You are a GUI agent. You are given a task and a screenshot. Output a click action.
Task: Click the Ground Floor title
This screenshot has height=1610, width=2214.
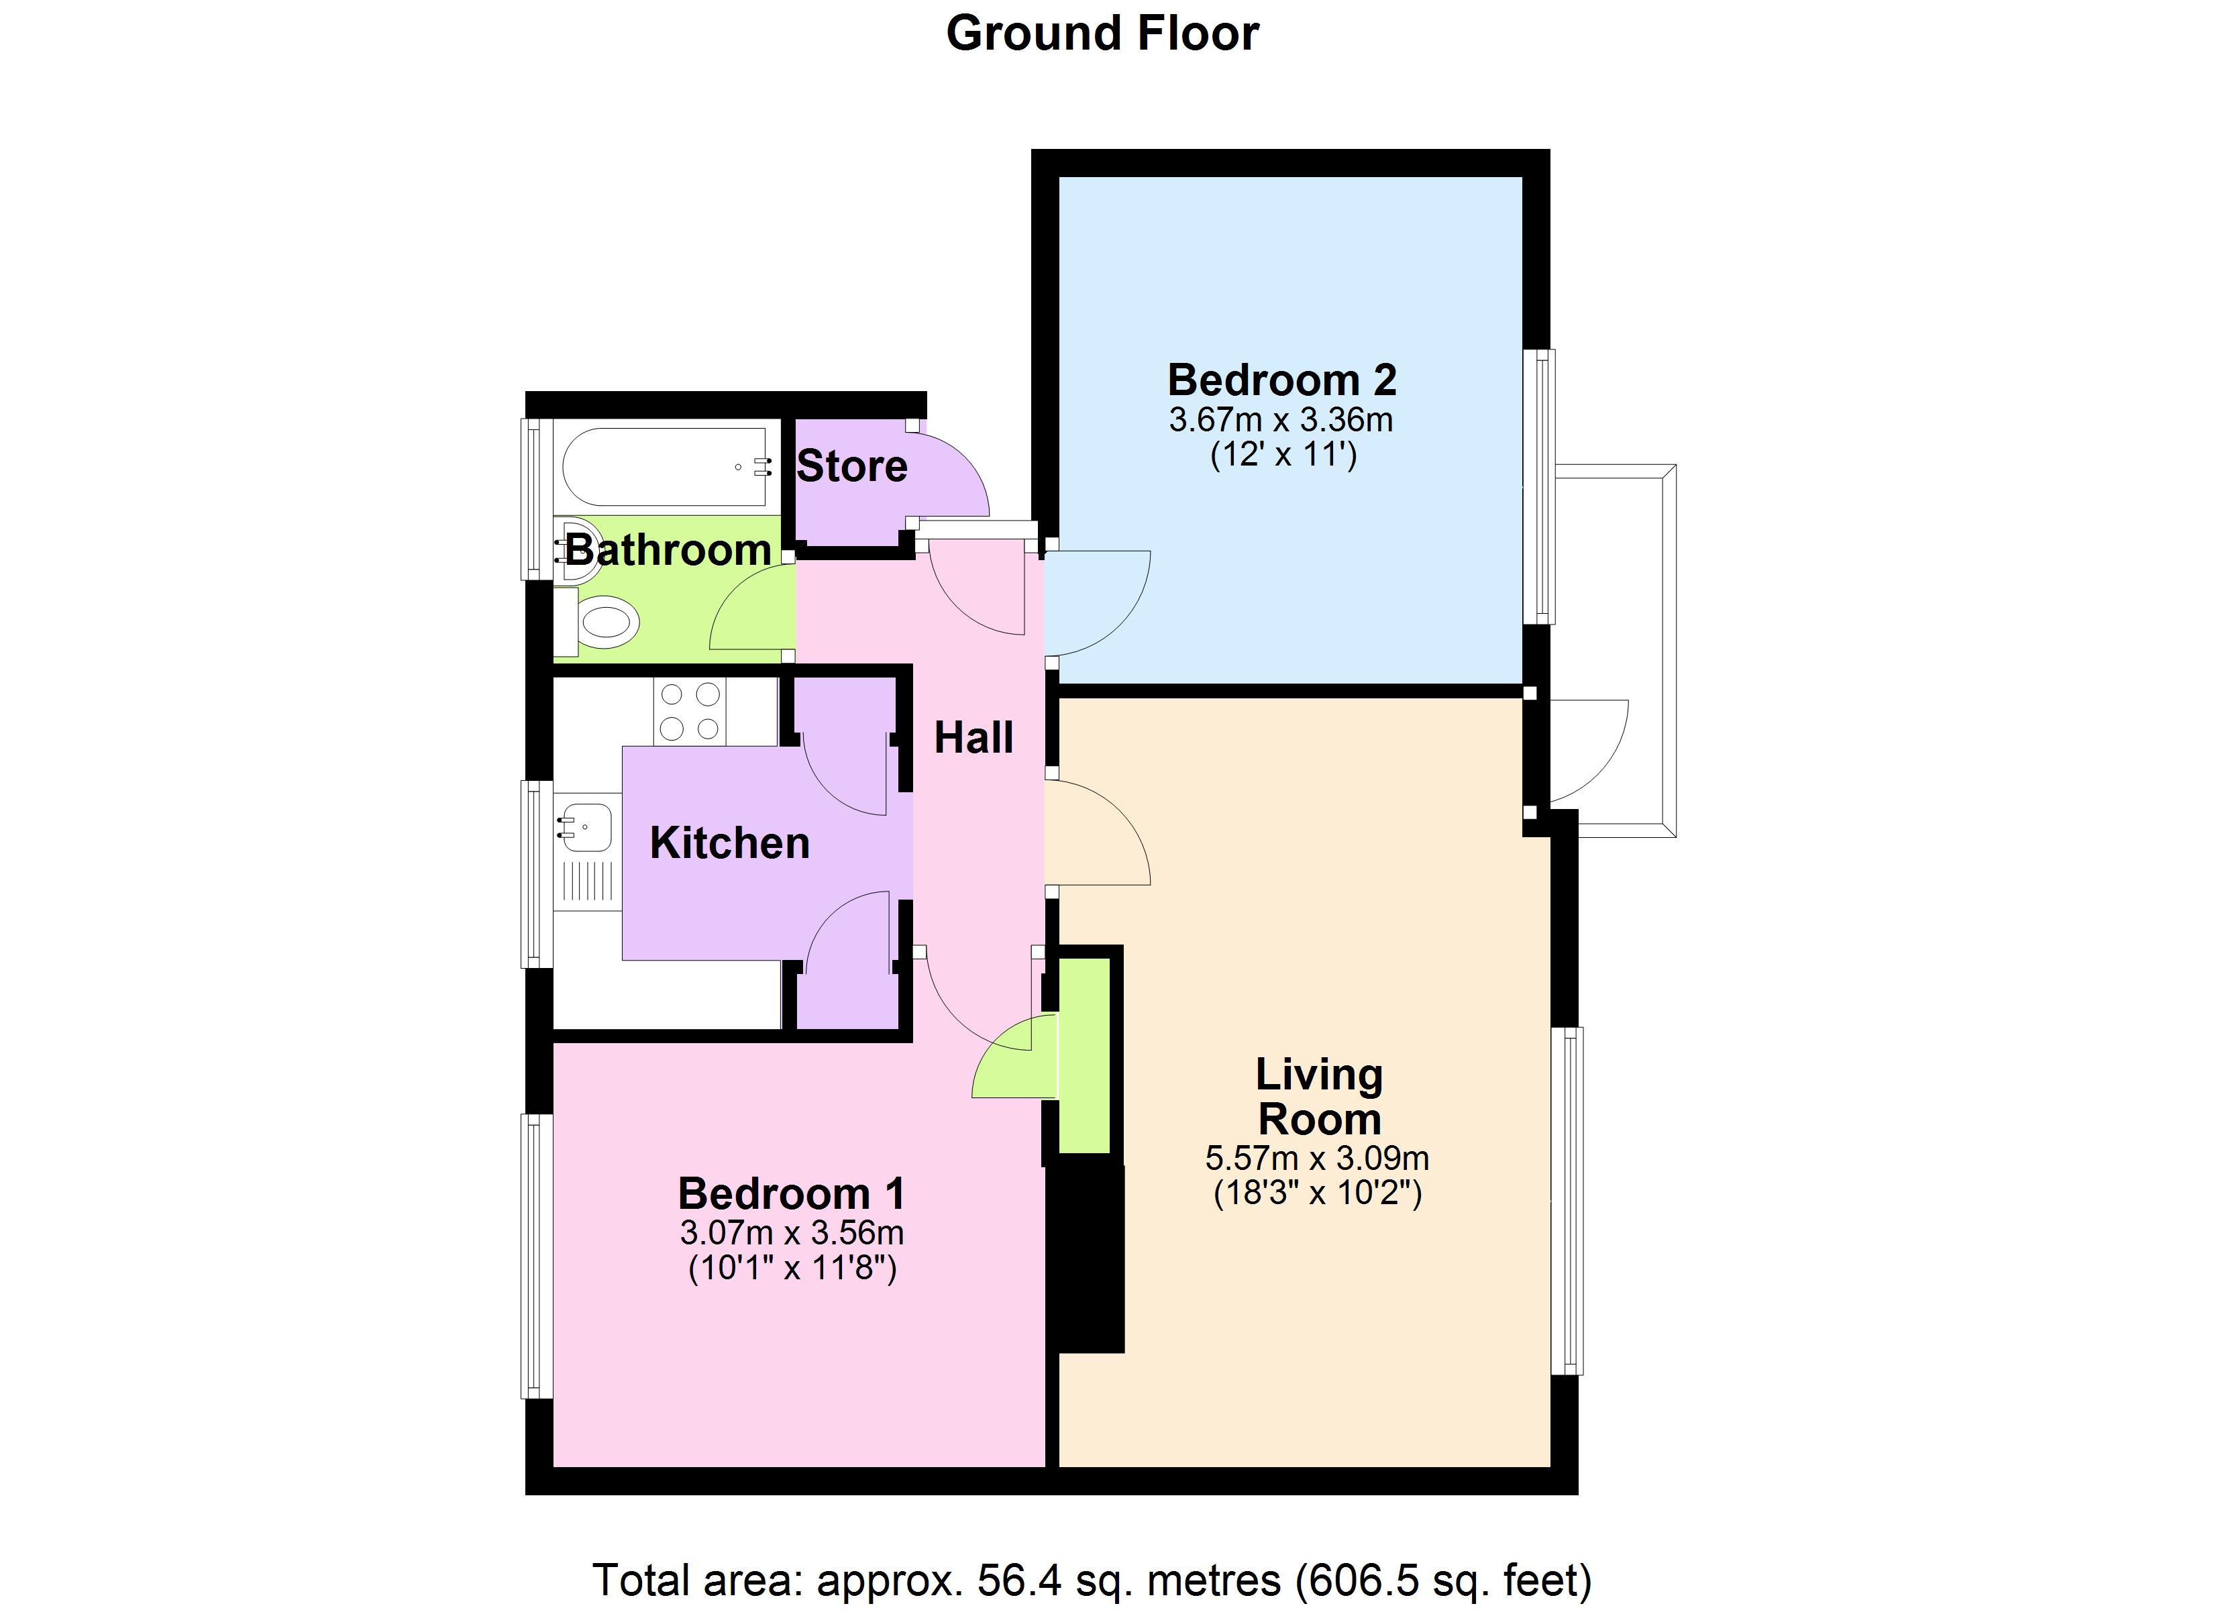pyautogui.click(x=1102, y=34)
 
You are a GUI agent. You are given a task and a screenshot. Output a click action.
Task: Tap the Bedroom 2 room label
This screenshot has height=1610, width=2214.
pyautogui.click(x=1281, y=380)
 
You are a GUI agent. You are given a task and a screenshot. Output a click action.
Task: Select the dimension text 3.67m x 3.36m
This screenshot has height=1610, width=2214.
pyautogui.click(x=1281, y=421)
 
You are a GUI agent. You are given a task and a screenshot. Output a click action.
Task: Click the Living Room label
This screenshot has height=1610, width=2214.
pyautogui.click(x=1319, y=1096)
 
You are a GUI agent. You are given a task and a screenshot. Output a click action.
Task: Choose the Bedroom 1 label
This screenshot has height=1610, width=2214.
pyautogui.click(x=791, y=1193)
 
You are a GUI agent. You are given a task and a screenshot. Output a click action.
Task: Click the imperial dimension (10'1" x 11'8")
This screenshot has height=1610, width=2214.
pyautogui.click(x=792, y=1269)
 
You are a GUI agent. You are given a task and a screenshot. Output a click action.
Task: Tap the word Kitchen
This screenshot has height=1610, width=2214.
pyautogui.click(x=729, y=843)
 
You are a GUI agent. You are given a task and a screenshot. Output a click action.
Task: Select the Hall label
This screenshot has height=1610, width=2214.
pyautogui.click(x=973, y=738)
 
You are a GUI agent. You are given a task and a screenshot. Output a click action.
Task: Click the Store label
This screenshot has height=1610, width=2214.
pyautogui.click(x=851, y=467)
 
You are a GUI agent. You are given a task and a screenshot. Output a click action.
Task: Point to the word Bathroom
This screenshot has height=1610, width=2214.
pyautogui.click(x=669, y=551)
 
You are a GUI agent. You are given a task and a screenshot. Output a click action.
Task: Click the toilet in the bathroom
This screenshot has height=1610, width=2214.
pyautogui.click(x=605, y=622)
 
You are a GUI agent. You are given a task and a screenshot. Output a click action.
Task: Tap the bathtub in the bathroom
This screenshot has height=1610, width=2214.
pyautogui.click(x=664, y=467)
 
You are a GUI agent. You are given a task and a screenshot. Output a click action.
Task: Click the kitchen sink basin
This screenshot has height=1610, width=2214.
pyautogui.click(x=585, y=826)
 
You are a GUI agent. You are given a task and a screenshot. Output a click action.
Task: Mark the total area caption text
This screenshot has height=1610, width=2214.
pyautogui.click(x=1092, y=1578)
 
